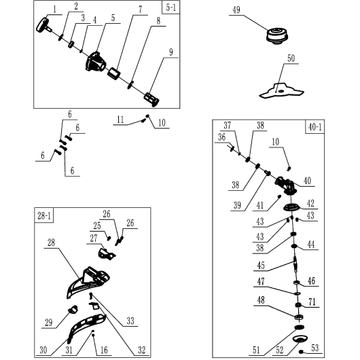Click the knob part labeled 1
43,24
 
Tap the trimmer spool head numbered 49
277,35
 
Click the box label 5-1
170,7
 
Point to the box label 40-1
314,127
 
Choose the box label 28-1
44,215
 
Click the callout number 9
170,52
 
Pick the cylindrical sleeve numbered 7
114,73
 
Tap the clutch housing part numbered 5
96,62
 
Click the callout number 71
312,302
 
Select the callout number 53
315,348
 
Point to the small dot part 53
302,351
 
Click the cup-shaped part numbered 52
300,339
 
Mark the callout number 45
261,266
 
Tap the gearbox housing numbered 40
286,185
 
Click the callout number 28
51,242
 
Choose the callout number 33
130,321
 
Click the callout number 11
120,120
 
